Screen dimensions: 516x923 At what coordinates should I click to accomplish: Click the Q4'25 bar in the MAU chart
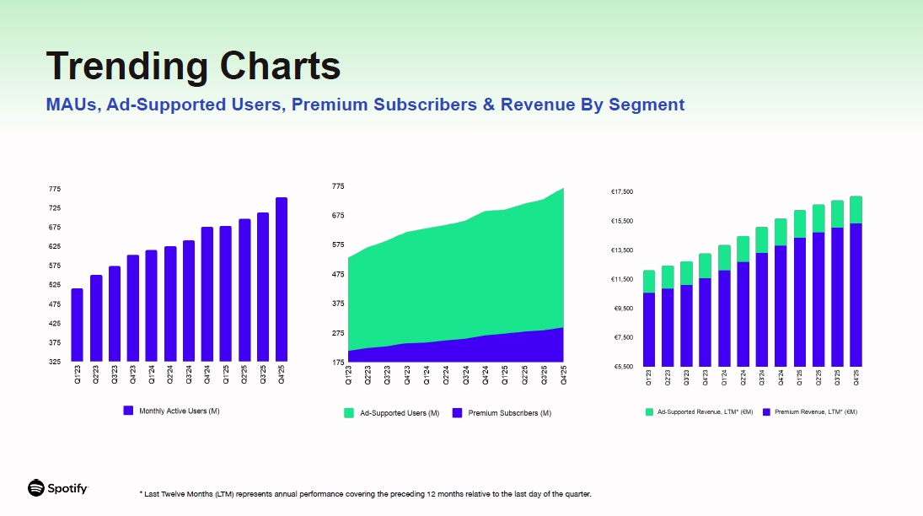point(282,279)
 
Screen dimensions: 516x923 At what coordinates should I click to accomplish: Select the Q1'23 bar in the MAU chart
point(77,325)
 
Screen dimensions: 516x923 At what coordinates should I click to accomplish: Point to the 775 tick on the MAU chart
point(55,189)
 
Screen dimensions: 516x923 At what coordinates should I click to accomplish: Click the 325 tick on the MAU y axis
point(55,362)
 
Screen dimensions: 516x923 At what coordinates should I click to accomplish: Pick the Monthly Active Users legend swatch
point(128,411)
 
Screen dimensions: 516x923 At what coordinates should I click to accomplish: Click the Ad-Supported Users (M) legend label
point(400,413)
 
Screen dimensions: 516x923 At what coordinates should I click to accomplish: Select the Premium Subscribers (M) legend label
point(509,413)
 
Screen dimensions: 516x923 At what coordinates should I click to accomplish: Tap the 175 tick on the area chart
point(338,363)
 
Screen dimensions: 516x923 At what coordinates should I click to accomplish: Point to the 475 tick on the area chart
point(338,274)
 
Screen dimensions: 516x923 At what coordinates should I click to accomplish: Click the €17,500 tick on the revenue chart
point(622,192)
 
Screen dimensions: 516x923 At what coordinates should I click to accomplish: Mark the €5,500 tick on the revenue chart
point(622,367)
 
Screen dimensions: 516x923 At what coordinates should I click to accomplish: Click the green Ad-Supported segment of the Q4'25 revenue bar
point(856,210)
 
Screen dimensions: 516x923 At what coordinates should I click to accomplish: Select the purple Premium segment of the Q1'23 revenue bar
point(649,330)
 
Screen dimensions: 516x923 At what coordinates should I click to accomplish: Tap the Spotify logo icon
point(36,488)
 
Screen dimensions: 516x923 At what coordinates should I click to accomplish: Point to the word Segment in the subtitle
point(647,105)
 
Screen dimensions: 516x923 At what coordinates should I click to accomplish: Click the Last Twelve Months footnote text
point(365,494)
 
